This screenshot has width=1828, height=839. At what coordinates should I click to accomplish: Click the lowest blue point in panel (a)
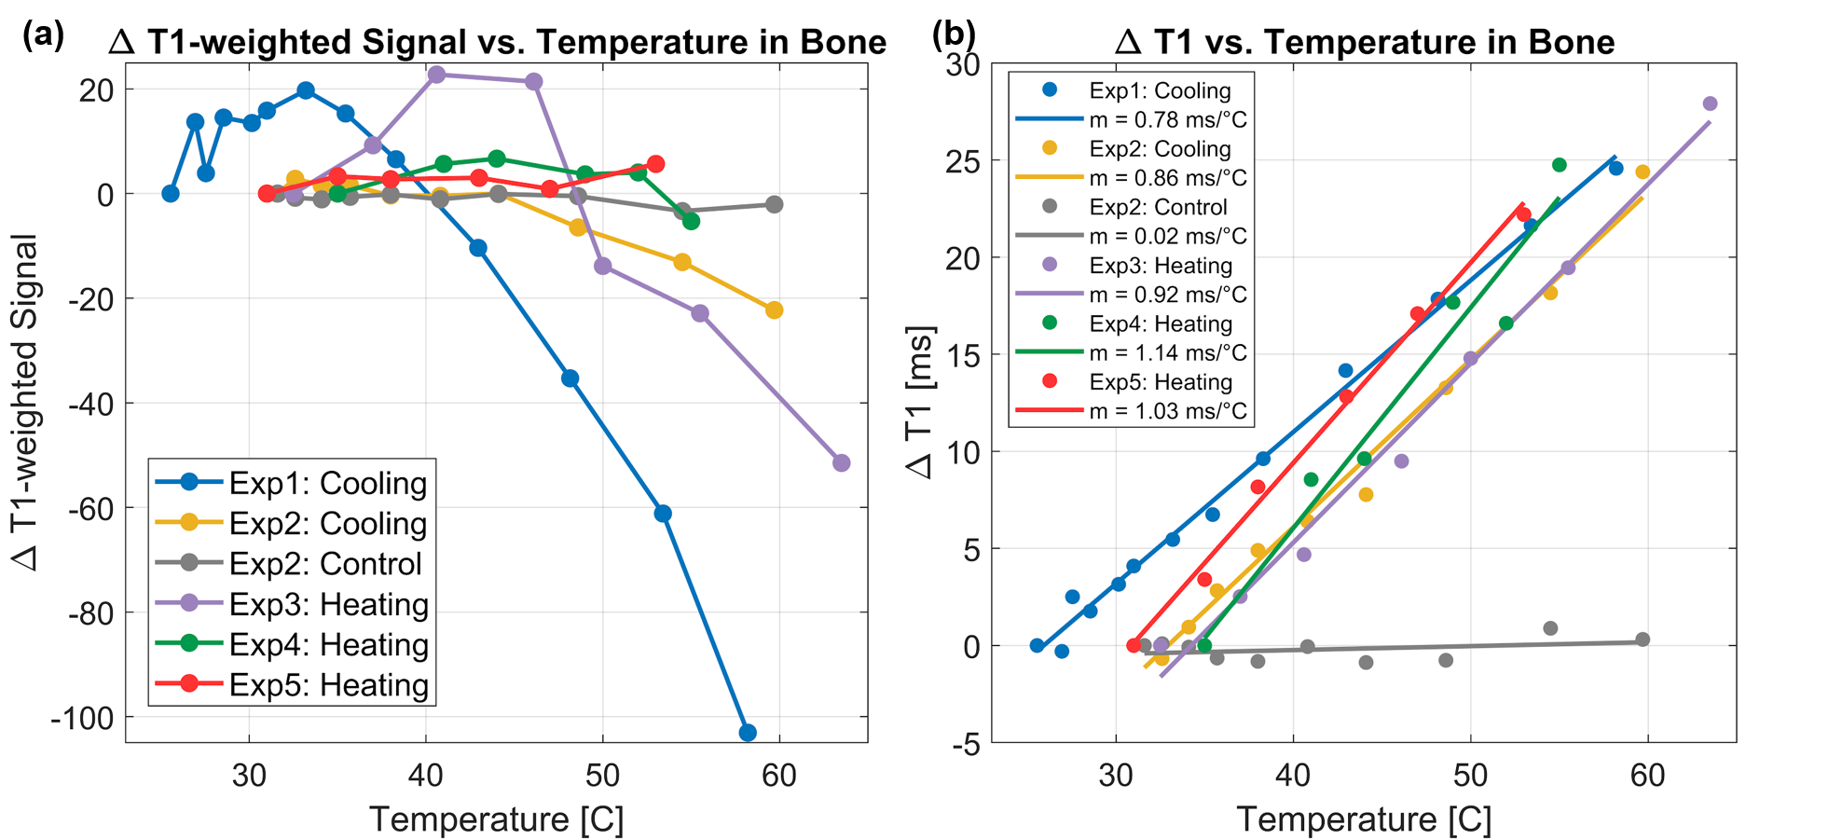[747, 733]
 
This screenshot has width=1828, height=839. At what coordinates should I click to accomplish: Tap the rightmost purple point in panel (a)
[841, 462]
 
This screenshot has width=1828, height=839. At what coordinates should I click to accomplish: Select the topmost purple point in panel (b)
[1710, 103]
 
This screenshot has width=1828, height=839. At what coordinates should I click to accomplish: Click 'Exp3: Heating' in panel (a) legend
[328, 604]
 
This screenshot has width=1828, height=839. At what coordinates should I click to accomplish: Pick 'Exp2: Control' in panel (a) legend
[324, 564]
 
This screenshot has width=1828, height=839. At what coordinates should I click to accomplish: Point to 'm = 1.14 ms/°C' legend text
[1167, 353]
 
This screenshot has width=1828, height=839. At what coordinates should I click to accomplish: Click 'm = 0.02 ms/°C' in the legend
[1167, 237]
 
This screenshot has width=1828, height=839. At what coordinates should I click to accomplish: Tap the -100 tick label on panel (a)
[82, 719]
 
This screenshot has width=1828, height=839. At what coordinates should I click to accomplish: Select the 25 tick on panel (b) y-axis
[963, 161]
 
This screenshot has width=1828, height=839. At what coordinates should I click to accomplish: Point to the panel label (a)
[43, 35]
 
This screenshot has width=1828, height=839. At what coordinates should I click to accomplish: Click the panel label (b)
[954, 35]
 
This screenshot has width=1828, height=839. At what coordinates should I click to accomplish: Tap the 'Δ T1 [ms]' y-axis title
[920, 403]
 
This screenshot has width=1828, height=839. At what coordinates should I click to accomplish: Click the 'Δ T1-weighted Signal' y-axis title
[26, 403]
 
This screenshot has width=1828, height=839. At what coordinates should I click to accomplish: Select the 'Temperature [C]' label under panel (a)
[496, 819]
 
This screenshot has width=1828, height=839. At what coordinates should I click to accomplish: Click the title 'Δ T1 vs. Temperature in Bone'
[1365, 42]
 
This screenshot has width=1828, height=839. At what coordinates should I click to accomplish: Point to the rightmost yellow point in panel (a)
[774, 309]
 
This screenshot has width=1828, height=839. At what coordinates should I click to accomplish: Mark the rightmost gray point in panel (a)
[774, 204]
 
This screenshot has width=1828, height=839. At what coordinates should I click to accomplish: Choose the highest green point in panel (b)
[1559, 165]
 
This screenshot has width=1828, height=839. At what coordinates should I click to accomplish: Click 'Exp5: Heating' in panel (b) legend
[1160, 382]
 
